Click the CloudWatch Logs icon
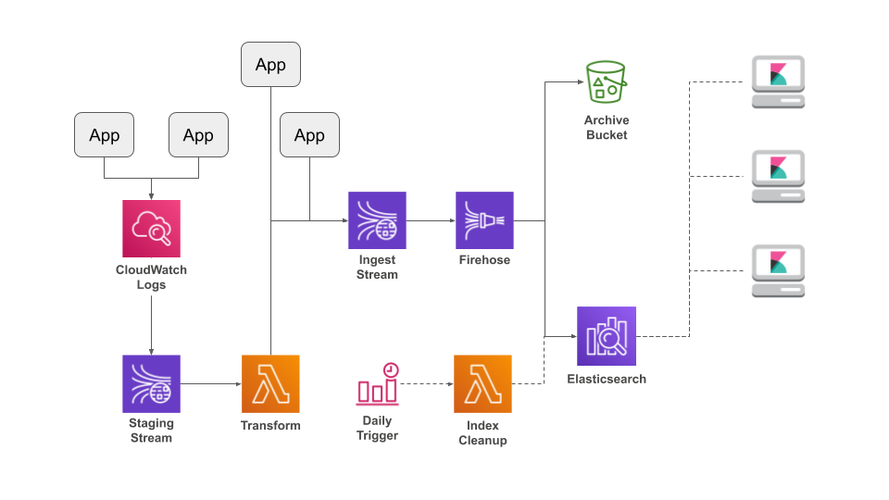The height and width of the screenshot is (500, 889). (x=151, y=229)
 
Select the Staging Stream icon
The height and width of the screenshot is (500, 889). (x=151, y=383)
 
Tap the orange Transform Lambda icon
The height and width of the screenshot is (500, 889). (x=270, y=383)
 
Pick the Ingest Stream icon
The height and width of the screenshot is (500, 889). (x=377, y=220)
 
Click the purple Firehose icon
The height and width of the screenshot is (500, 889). (x=484, y=220)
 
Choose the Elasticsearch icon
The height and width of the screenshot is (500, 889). (x=607, y=335)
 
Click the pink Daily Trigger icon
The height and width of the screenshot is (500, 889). (x=377, y=384)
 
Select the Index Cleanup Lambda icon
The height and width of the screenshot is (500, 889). (x=482, y=383)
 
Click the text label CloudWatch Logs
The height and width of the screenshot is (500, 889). (x=151, y=277)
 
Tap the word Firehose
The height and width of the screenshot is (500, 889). (x=484, y=260)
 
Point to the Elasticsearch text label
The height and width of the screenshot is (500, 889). (x=607, y=379)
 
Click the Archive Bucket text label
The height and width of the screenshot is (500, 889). (x=606, y=128)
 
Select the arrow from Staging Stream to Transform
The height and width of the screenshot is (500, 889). (x=210, y=383)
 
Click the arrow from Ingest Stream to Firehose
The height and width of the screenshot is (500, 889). (x=431, y=220)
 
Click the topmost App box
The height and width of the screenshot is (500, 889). (x=270, y=65)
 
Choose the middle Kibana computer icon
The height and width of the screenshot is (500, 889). (x=778, y=176)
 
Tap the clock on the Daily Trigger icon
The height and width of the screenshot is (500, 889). (x=391, y=369)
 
